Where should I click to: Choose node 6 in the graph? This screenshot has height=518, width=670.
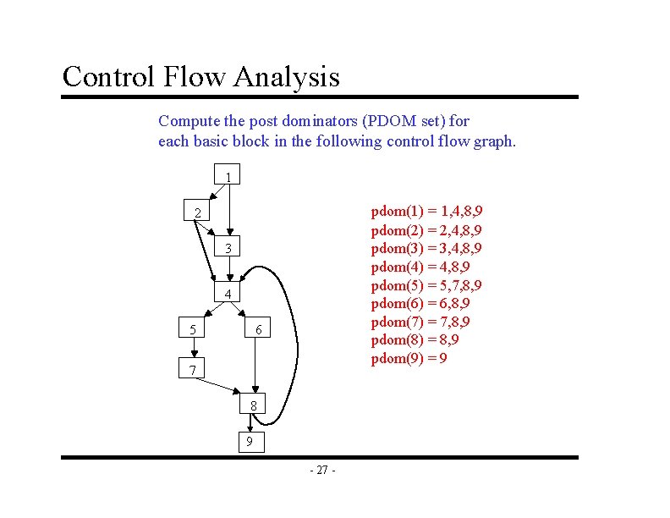258,328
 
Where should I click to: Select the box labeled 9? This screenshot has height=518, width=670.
249,441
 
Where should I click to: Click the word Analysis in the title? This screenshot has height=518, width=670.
287,77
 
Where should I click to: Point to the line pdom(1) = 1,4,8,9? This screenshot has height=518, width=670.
432,211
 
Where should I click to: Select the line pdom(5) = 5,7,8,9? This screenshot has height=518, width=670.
432,284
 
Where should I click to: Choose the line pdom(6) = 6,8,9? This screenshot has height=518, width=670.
420,303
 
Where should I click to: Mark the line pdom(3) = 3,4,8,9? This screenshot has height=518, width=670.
432,247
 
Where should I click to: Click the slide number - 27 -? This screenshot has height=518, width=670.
322,471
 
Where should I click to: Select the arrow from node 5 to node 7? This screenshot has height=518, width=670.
193,349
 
